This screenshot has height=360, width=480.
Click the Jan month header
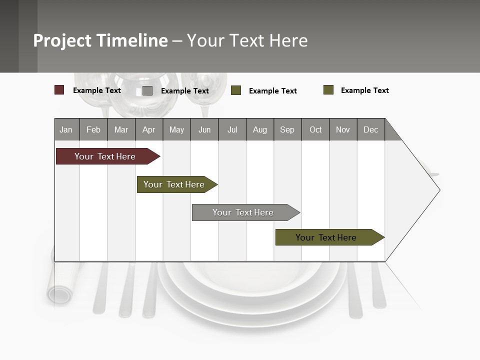[x=66, y=129]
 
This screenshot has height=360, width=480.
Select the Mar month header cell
[x=121, y=129]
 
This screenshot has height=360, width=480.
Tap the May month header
[x=176, y=129]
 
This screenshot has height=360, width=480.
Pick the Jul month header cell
[x=232, y=129]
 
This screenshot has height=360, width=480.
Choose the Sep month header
[x=287, y=129]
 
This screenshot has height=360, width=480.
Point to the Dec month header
[x=370, y=129]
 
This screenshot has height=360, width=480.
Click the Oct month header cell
[x=315, y=129]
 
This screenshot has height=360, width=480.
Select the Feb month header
[x=93, y=129]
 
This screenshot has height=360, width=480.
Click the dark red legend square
[x=59, y=90]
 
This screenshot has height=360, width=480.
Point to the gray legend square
[x=147, y=90]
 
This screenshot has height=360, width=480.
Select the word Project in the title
[x=63, y=40]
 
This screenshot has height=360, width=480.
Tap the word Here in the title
[x=288, y=40]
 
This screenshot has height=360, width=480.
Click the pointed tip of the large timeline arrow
[x=438, y=190]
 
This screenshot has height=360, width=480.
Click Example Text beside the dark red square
[x=97, y=90]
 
